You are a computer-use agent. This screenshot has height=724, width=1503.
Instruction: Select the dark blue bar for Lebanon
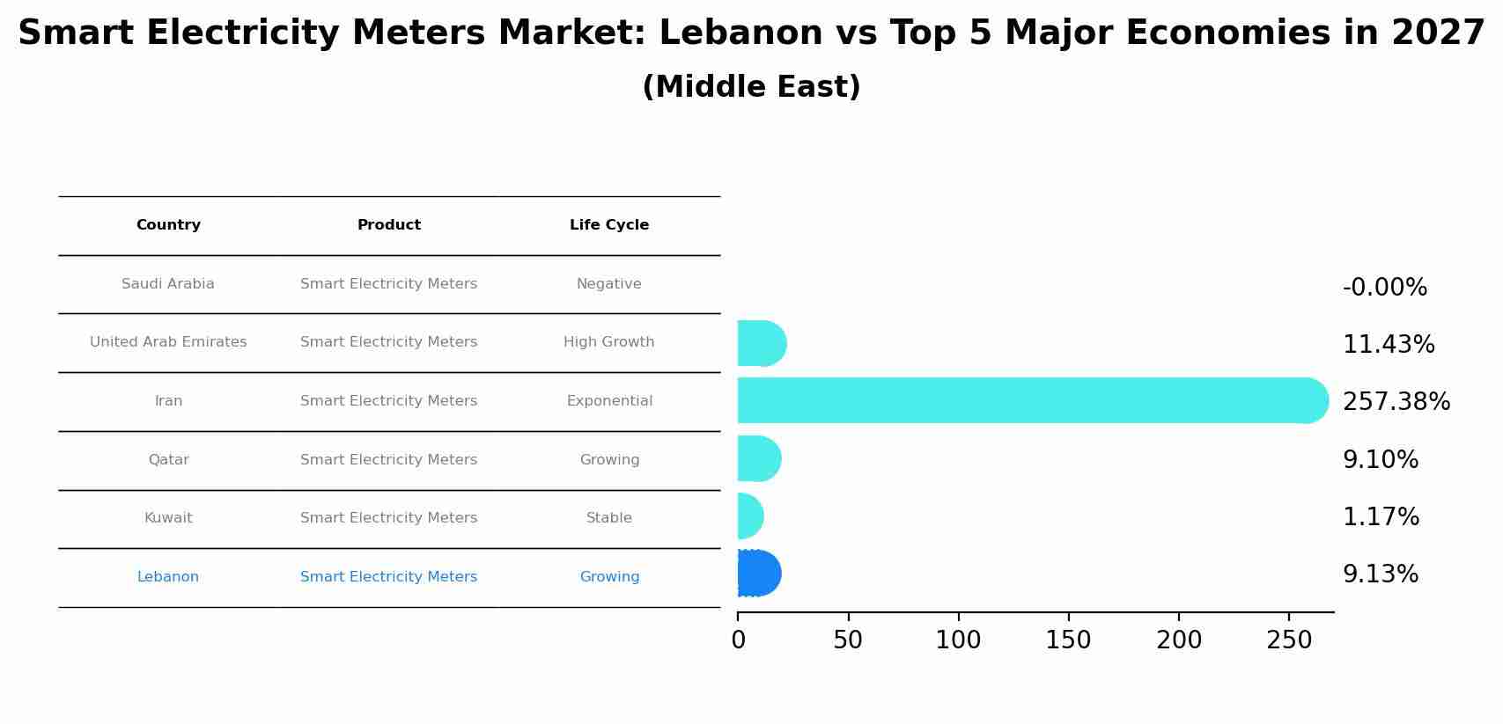[x=758, y=574]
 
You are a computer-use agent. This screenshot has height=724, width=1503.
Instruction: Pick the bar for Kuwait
[x=749, y=516]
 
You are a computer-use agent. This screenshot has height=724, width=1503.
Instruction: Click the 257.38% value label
[x=1396, y=402]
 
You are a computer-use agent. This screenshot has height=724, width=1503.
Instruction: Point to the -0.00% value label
[x=1384, y=288]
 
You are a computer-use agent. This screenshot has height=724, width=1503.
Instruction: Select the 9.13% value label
[x=1380, y=574]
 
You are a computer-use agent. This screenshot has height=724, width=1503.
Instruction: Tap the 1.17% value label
[x=1381, y=517]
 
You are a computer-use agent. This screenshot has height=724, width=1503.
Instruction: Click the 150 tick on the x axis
[x=1068, y=640]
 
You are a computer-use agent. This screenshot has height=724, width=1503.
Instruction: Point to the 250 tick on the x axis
[x=1289, y=640]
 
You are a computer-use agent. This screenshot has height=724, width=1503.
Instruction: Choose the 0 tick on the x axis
[x=738, y=640]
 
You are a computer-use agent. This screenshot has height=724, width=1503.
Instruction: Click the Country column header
[x=168, y=225]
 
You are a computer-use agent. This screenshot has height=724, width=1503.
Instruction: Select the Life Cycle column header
[x=609, y=225]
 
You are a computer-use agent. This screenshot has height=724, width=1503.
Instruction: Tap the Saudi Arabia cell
[x=168, y=284]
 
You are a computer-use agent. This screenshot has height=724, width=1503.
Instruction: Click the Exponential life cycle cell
[x=609, y=401]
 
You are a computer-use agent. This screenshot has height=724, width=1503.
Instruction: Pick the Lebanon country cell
[x=168, y=577]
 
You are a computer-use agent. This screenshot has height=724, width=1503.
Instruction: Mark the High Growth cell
[x=609, y=342]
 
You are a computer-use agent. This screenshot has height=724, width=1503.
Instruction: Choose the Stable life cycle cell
[x=609, y=518]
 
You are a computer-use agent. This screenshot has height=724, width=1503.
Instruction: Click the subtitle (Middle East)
[x=751, y=87]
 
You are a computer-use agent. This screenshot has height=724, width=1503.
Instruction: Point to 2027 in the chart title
[x=1438, y=33]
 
